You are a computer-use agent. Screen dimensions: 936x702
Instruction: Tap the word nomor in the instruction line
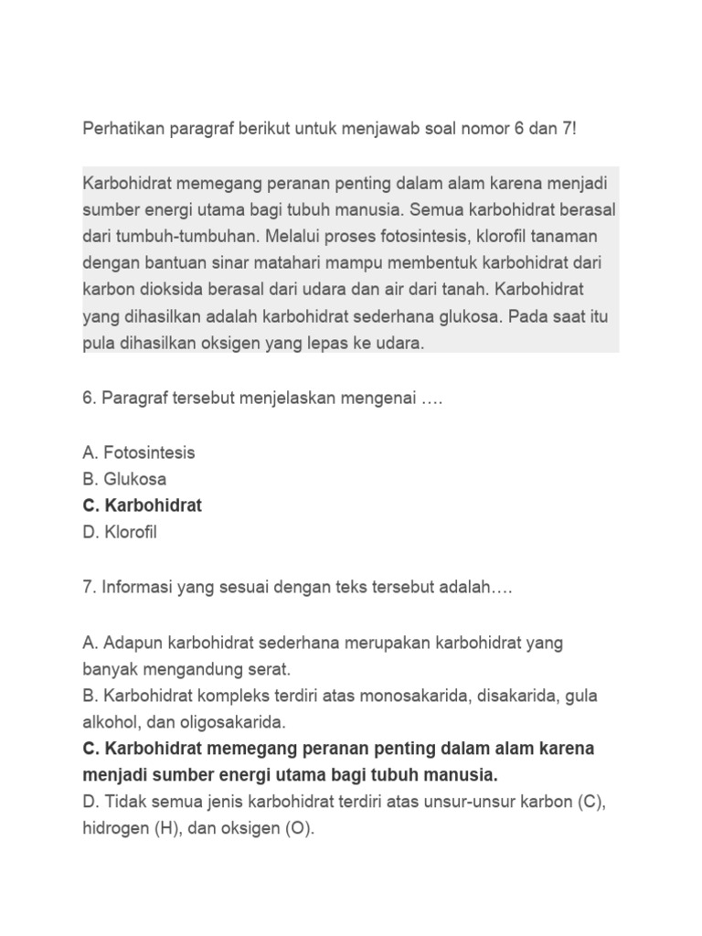tap(494, 129)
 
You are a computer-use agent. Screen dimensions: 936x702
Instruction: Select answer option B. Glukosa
tap(124, 479)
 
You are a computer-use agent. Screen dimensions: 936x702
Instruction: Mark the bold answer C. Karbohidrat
tap(142, 505)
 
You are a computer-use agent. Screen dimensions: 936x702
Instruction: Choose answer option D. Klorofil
tap(120, 532)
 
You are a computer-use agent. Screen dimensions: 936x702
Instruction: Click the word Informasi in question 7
tap(142, 590)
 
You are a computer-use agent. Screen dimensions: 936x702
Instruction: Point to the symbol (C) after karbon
tap(590, 803)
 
